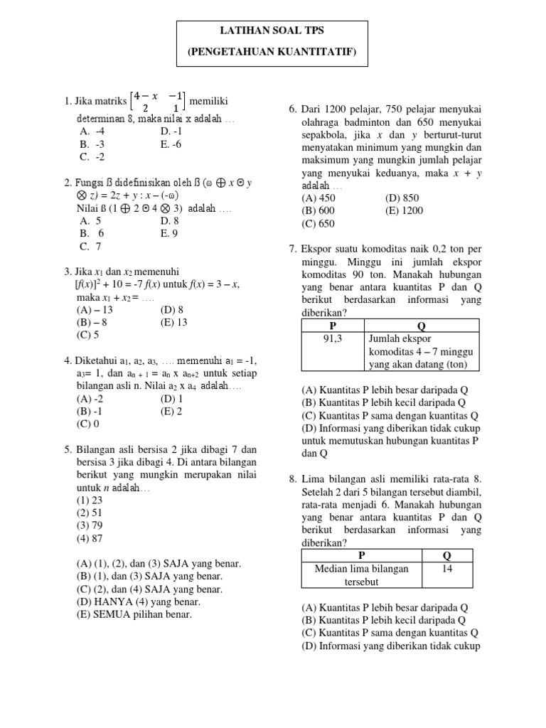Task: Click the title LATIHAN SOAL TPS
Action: click(x=272, y=33)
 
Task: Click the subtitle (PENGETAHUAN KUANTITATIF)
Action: click(x=272, y=53)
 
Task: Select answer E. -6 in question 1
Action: click(x=171, y=144)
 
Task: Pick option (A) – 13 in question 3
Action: click(x=96, y=309)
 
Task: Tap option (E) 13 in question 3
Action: click(x=173, y=322)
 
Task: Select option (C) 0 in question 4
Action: click(x=88, y=423)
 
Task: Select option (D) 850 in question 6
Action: click(x=402, y=198)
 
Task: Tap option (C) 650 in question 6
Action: click(x=318, y=223)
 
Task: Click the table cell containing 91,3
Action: click(x=333, y=339)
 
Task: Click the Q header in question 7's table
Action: click(x=421, y=326)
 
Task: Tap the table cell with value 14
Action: click(x=448, y=569)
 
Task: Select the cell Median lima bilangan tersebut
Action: click(x=363, y=575)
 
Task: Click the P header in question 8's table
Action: click(x=362, y=555)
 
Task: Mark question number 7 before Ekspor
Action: click(x=292, y=249)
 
